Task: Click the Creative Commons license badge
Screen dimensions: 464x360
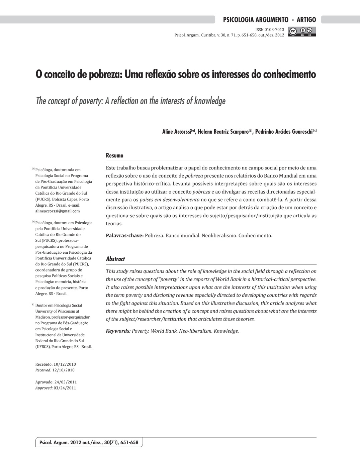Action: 302,32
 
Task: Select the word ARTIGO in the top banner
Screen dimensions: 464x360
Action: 306,20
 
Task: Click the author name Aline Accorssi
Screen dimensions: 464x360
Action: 176,132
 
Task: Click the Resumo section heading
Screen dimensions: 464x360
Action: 114,155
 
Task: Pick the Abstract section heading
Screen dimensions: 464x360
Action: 115,259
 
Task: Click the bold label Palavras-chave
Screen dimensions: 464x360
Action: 124,236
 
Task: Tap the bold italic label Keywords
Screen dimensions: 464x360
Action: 118,331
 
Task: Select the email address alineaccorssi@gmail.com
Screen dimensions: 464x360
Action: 58,211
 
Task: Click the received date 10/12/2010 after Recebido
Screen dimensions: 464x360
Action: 64,364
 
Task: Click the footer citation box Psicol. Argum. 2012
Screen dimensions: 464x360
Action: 89,443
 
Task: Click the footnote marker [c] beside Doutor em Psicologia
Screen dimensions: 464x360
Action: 33,305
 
